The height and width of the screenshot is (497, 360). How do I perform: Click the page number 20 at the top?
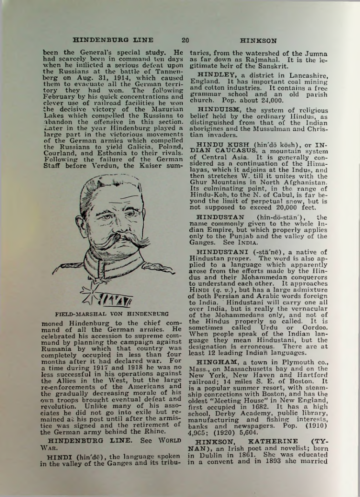(x=185, y=40)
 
